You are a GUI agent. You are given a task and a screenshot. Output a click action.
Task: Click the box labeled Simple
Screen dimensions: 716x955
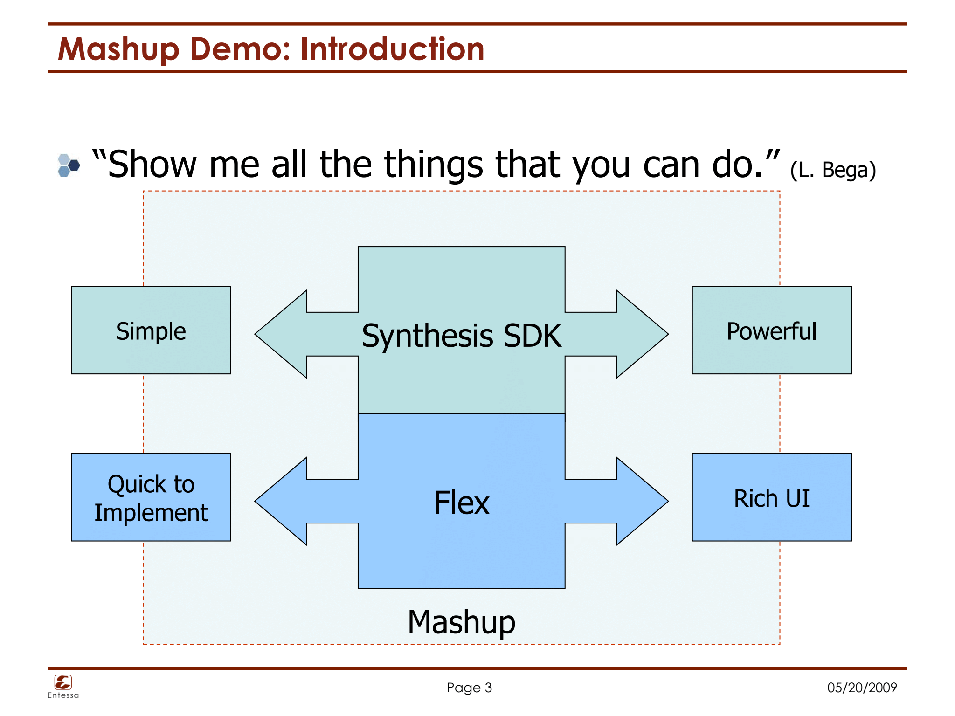coord(151,330)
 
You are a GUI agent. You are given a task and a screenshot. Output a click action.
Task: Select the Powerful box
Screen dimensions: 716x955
coord(771,330)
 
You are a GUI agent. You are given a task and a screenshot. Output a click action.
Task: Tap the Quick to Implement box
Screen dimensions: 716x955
coord(151,497)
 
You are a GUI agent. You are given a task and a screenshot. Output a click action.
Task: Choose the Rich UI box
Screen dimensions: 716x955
coord(771,497)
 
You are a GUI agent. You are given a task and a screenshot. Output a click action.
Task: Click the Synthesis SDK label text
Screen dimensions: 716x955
coord(461,336)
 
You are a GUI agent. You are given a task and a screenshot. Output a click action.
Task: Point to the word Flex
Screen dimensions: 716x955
coord(461,503)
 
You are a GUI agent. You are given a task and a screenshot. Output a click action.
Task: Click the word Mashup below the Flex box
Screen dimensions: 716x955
coord(461,622)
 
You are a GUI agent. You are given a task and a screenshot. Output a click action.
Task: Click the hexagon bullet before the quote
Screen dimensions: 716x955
coord(68,165)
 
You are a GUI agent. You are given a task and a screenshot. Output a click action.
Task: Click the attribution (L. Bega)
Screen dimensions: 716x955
coord(833,170)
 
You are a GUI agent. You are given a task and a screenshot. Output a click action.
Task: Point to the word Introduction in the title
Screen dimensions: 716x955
coord(392,49)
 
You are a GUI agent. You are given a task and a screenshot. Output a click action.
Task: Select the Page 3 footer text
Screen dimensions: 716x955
coord(469,687)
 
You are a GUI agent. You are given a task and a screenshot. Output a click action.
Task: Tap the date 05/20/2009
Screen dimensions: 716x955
coord(862,687)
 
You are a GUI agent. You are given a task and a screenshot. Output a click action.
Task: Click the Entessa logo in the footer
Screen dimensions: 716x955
coord(63,685)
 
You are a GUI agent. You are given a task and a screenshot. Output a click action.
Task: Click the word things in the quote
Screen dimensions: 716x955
coord(434,165)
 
